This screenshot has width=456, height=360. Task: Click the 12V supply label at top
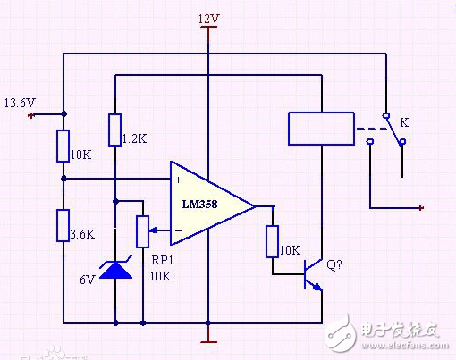207,18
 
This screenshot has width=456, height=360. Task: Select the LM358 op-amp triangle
211,205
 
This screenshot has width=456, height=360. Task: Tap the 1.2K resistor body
115,130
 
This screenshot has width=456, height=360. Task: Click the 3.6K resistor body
63,225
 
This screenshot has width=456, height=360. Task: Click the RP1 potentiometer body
142,230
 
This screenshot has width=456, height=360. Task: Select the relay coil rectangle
320,128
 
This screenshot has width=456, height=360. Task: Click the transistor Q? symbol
310,272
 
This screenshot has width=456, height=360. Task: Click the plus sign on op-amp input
179,179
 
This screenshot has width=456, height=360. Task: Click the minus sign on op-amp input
179,231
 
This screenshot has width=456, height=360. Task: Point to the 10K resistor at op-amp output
273,241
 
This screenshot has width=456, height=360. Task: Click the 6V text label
87,279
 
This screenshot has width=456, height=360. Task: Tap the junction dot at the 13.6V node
63,114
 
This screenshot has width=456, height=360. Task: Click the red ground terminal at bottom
207,340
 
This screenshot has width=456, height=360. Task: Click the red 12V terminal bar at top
207,28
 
